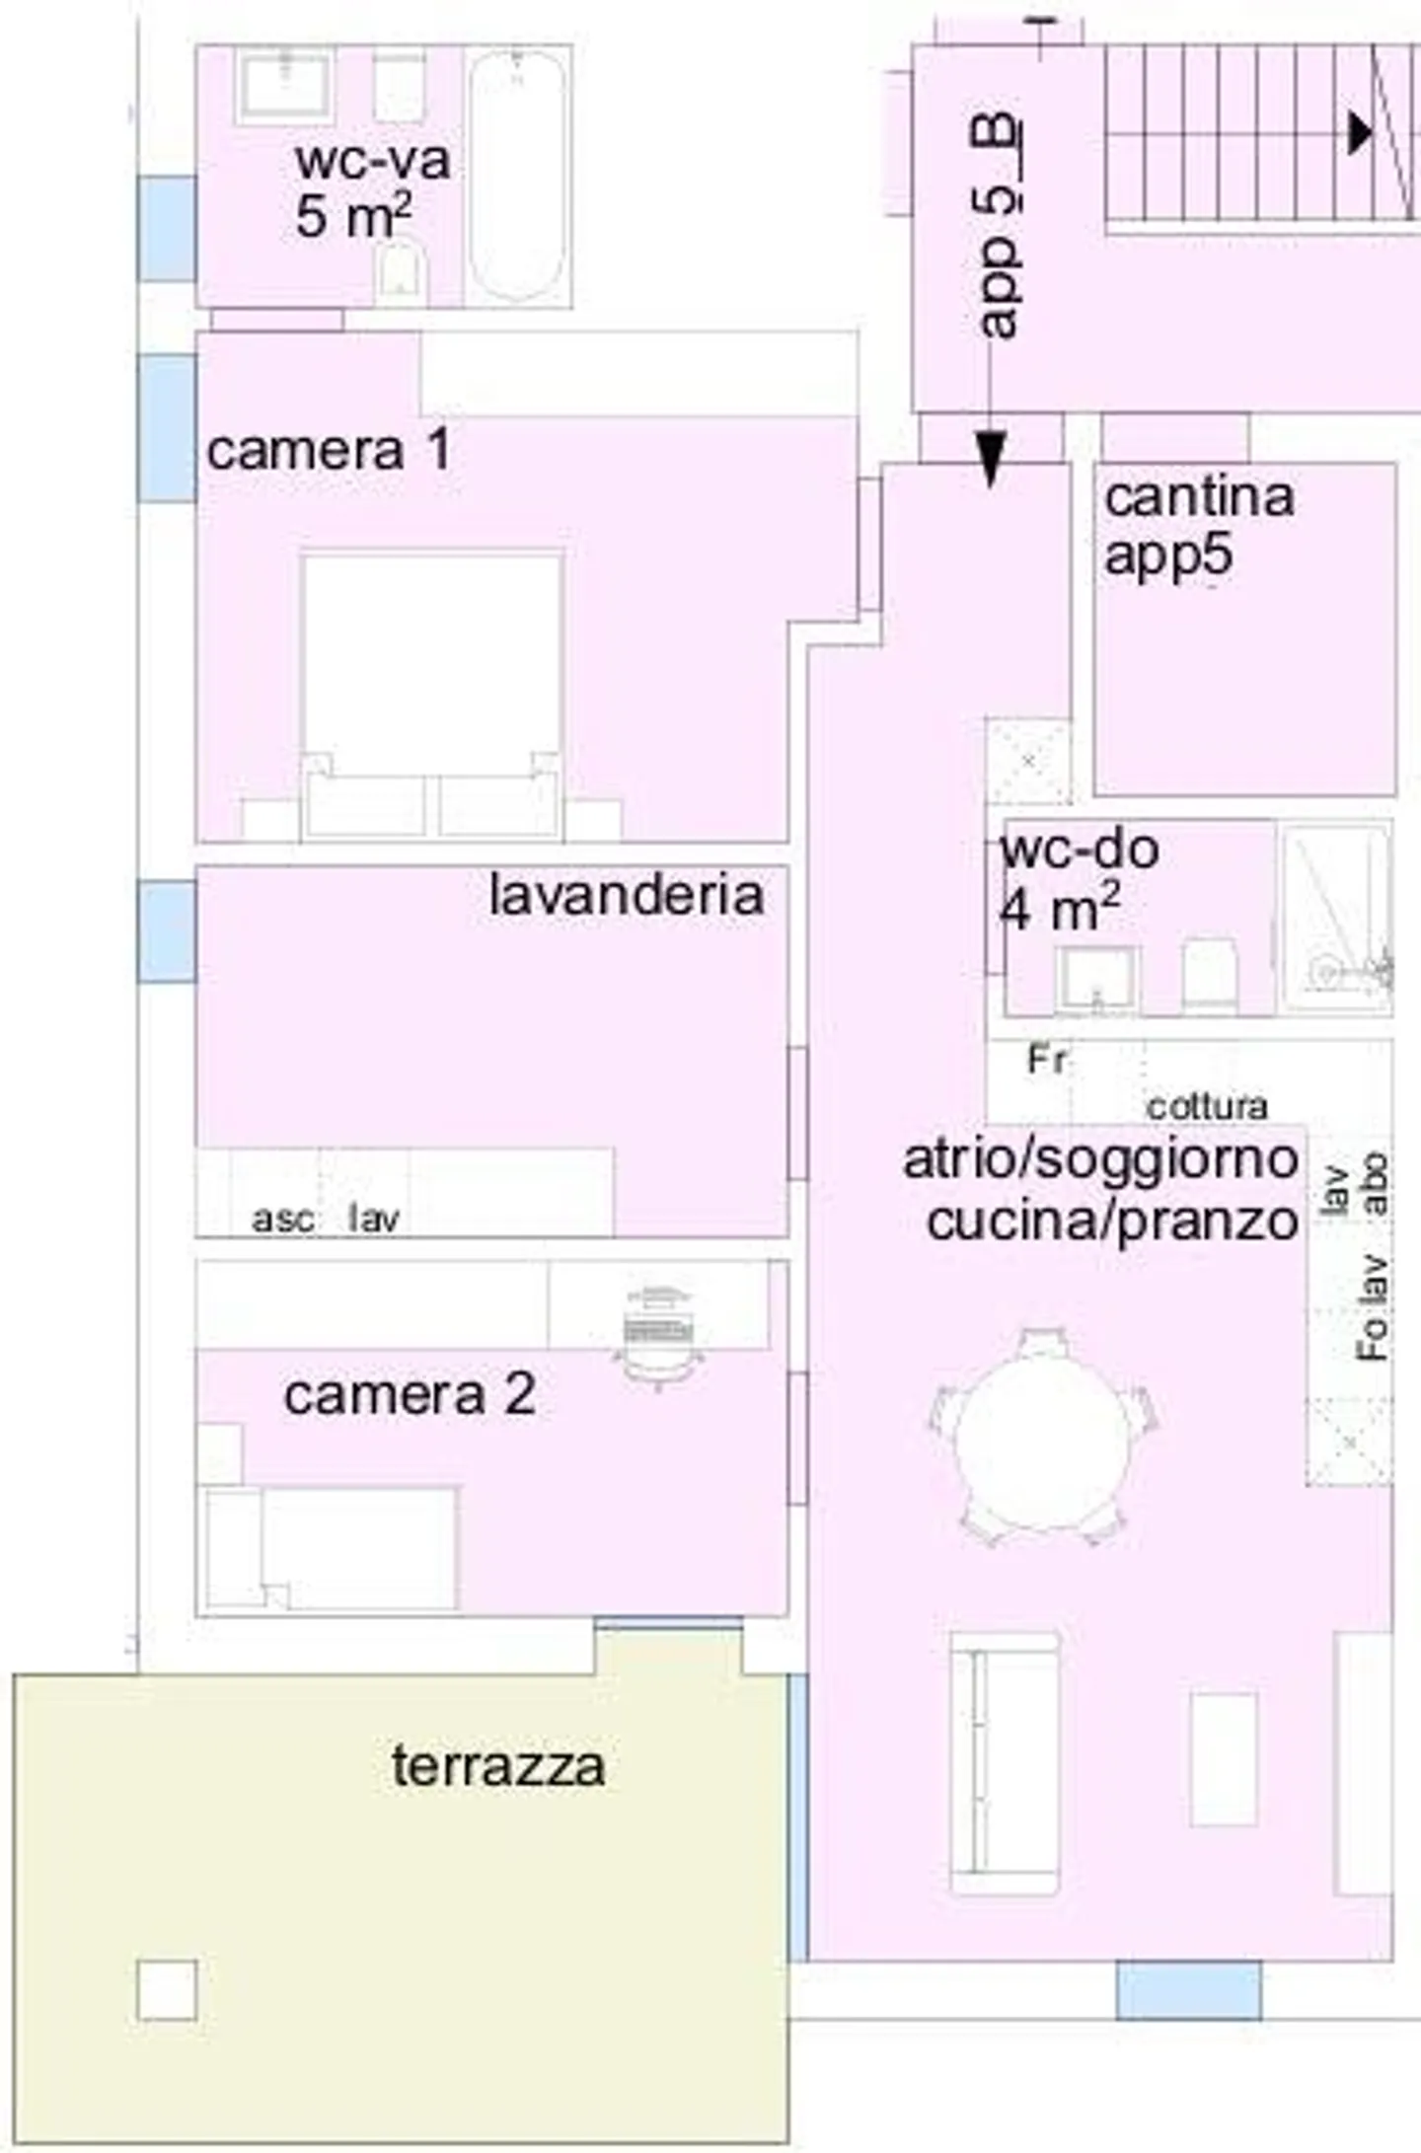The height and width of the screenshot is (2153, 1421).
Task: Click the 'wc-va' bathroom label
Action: [x=372, y=161]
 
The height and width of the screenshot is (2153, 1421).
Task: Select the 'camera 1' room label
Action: [x=329, y=450]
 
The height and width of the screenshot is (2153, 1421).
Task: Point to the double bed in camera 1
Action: [x=432, y=691]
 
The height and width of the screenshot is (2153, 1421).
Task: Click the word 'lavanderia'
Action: [x=627, y=895]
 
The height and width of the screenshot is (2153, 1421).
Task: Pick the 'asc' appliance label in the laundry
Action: [x=282, y=1220]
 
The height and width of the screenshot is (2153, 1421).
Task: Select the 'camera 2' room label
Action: [x=410, y=1394]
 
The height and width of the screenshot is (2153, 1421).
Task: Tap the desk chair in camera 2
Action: [x=658, y=1327]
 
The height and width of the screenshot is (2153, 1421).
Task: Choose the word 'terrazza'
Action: [x=498, y=1766]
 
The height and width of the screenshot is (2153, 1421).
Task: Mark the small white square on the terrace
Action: [x=167, y=1990]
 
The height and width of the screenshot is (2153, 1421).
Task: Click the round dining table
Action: [x=1041, y=1437]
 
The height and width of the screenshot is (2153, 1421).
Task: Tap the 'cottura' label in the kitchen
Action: [x=1207, y=1106]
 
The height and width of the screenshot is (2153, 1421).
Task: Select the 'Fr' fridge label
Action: [x=1046, y=1060]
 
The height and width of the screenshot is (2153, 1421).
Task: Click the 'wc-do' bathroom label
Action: [x=1080, y=850]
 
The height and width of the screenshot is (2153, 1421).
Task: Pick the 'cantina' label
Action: [x=1199, y=496]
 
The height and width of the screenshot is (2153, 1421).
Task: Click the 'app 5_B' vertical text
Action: [x=999, y=227]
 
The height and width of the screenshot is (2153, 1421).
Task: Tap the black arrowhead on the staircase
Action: [x=1360, y=132]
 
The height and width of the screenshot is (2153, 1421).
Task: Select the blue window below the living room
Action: [x=1188, y=1990]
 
